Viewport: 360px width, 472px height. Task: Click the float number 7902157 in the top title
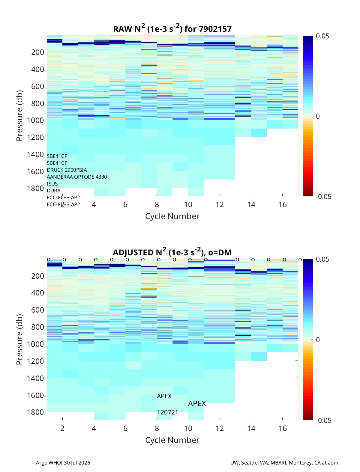tap(215, 29)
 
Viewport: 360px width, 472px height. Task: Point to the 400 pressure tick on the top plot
tap(37, 69)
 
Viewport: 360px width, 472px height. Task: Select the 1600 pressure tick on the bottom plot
tap(35, 395)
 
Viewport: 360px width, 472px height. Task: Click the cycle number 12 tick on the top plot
tap(220, 204)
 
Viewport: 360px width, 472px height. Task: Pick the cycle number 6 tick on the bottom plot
tap(125, 428)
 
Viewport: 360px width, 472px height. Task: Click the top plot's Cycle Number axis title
tap(172, 216)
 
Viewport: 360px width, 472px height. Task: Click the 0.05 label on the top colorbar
tap(322, 36)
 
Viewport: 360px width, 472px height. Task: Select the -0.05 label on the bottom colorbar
tap(323, 420)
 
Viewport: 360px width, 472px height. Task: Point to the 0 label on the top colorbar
tap(318, 116)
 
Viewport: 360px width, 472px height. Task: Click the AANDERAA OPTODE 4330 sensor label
tap(77, 177)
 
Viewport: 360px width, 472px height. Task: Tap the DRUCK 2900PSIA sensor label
tap(67, 170)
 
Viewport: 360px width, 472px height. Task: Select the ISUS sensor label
tap(52, 184)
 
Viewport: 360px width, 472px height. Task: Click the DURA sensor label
tap(54, 191)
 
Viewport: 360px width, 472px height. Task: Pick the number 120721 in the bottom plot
tap(167, 412)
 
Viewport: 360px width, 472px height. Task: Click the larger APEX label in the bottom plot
tap(197, 403)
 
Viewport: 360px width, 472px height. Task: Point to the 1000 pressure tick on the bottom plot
tap(35, 344)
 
